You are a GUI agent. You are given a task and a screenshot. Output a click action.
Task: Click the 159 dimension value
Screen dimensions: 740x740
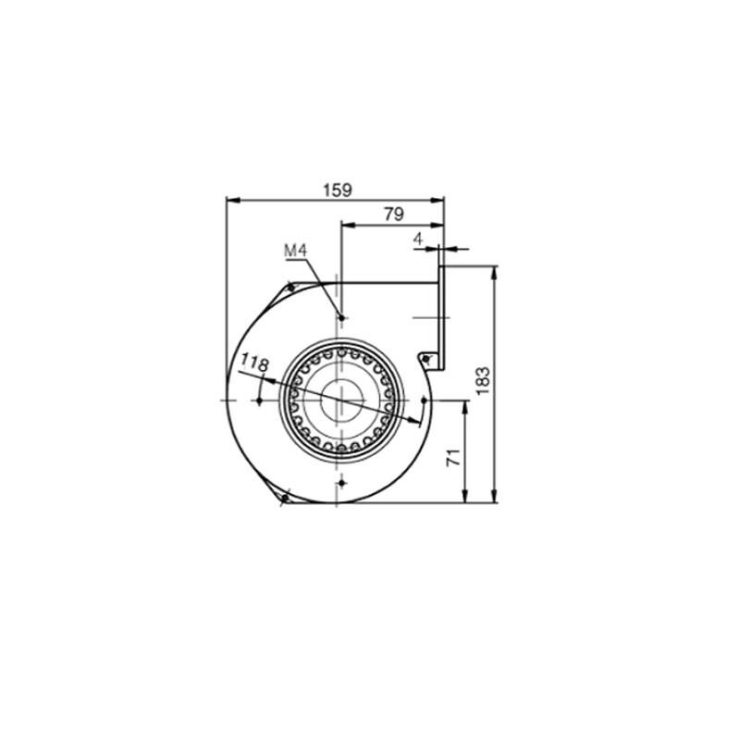tap(337, 191)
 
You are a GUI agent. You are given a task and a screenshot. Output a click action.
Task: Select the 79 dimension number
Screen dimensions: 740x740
tap(394, 215)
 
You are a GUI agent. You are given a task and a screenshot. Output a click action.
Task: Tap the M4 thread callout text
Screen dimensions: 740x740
tap(295, 250)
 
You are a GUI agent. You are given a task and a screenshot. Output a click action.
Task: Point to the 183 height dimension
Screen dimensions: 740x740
tap(483, 381)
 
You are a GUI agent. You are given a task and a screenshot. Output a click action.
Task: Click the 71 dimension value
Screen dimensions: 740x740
tap(453, 457)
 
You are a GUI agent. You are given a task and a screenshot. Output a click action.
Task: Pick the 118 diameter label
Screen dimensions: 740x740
tap(255, 363)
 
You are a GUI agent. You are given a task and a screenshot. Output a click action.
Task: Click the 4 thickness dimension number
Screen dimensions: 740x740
tap(418, 240)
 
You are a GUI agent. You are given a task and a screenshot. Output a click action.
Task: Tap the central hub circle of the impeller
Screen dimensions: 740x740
tap(342, 401)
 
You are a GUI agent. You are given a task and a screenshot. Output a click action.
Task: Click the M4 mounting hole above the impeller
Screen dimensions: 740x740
tap(341, 318)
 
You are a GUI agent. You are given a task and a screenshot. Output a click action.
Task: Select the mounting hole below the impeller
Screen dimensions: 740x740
tap(342, 483)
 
